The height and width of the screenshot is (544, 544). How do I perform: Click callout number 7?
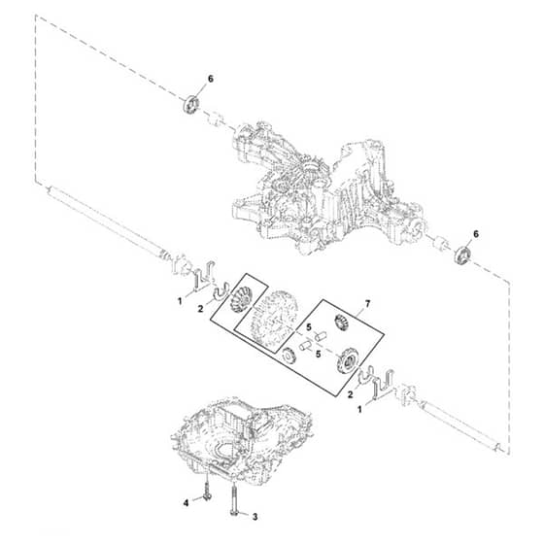[367, 304]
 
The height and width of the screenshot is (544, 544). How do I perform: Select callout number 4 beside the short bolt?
[186, 502]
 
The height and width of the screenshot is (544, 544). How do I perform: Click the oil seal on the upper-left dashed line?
[190, 104]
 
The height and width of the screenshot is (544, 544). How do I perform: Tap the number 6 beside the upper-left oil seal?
[210, 80]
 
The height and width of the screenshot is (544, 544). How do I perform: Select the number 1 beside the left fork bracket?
[180, 302]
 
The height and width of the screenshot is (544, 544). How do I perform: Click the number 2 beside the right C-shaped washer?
[351, 394]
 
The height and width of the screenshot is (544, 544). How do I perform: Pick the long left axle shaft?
[108, 222]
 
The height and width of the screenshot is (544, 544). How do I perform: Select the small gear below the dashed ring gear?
[288, 356]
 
